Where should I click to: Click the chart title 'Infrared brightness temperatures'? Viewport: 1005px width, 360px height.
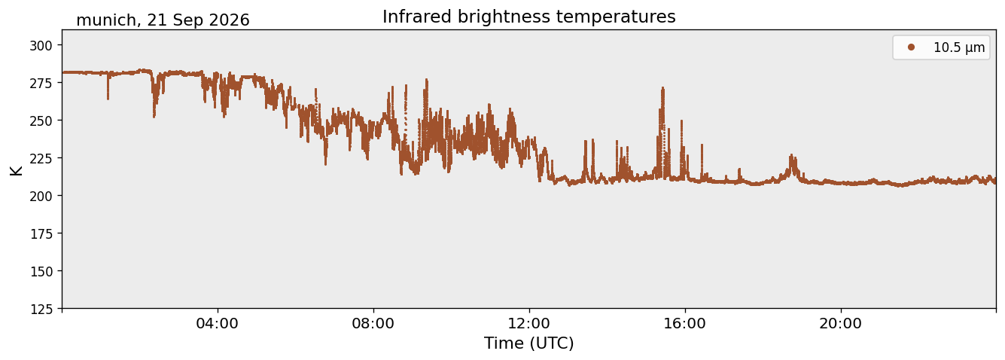tap(528, 17)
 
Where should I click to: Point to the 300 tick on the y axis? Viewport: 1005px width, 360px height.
tap(41, 45)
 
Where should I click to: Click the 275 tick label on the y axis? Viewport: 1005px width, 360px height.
tap(41, 83)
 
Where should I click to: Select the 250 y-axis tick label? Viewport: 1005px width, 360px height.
tap(41, 121)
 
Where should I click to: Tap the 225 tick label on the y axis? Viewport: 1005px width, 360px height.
tap(41, 158)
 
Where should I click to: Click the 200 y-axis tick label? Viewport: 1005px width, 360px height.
tap(41, 196)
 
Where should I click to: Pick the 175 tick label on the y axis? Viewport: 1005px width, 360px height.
tap(41, 234)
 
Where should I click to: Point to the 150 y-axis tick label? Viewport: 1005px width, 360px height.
tap(41, 272)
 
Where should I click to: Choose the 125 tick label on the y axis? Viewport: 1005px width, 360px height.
tap(41, 309)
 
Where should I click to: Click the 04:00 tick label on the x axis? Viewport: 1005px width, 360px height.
tap(218, 323)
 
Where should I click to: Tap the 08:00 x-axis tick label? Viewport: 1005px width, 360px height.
tap(373, 323)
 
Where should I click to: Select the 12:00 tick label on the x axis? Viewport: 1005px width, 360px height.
tap(529, 323)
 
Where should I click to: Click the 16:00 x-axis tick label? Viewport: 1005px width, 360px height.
tap(684, 323)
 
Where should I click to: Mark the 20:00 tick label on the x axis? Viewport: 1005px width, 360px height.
tap(840, 323)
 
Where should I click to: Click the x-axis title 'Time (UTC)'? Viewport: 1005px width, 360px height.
tap(529, 343)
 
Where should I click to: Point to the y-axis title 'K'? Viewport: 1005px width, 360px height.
tap(16, 170)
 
